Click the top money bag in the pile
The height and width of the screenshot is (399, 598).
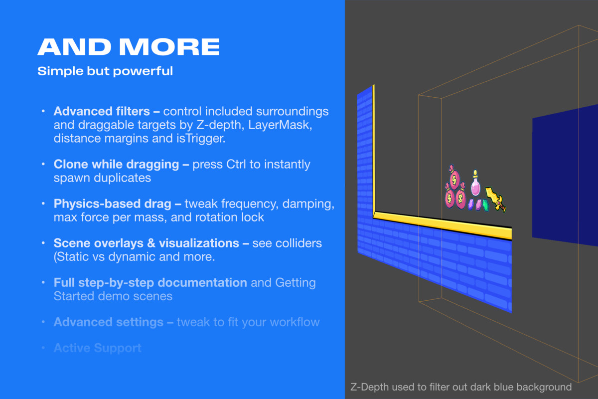[454, 178]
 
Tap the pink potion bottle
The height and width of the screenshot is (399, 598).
[475, 184]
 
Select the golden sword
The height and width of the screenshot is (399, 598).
[495, 199]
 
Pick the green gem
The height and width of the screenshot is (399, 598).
[485, 205]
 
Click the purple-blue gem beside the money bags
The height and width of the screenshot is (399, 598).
[470, 204]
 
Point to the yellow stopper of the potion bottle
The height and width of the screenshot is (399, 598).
[475, 173]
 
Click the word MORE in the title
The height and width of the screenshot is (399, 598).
[169, 47]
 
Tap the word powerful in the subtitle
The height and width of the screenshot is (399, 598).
[143, 71]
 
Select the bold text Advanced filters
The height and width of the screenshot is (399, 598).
[102, 111]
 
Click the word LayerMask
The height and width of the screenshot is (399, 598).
[280, 125]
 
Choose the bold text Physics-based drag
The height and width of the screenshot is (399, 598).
[113, 203]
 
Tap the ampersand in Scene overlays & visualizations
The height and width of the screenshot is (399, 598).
[151, 243]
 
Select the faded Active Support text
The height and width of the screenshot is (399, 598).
[98, 348]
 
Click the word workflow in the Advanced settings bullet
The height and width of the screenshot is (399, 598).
[295, 322]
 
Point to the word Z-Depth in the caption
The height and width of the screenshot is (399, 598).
[369, 387]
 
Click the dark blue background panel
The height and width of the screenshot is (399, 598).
[565, 175]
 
